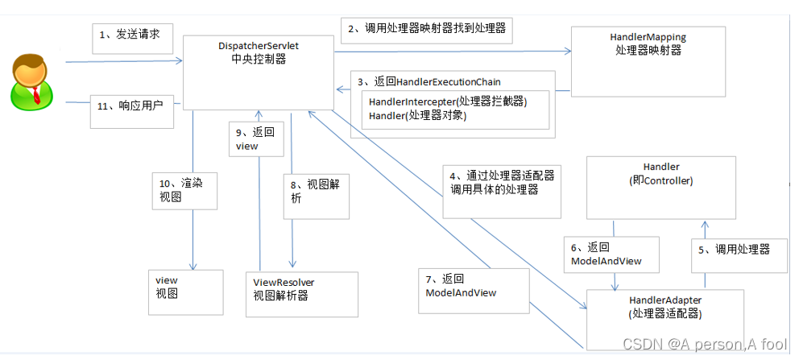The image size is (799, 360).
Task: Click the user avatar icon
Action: [x=31, y=82]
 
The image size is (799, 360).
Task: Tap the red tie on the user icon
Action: [x=36, y=95]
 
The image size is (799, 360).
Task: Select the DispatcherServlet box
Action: [x=259, y=72]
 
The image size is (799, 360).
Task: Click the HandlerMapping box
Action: [x=648, y=61]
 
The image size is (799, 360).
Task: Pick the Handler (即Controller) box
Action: [x=661, y=188]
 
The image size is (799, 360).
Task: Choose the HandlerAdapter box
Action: [x=665, y=319]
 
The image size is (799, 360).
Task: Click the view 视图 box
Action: [x=186, y=292]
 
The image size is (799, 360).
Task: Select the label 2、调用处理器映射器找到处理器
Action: [x=427, y=28]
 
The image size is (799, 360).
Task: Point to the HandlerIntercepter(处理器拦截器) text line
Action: [x=447, y=101]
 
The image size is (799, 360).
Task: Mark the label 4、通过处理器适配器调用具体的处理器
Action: [x=502, y=184]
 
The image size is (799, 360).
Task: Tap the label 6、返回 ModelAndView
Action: [x=604, y=254]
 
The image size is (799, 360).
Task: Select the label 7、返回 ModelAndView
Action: [x=461, y=286]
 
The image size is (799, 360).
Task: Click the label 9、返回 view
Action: [x=256, y=139]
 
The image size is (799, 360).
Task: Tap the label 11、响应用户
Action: [x=130, y=107]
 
